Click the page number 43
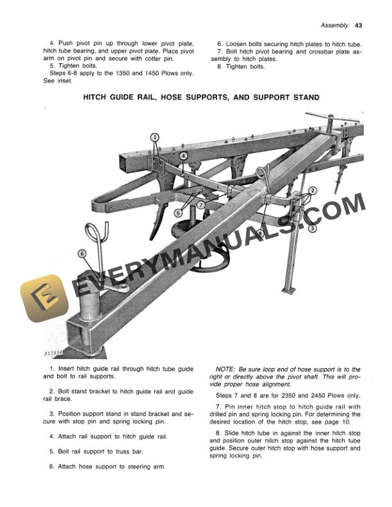(x=358, y=26)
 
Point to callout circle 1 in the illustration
(x=154, y=137)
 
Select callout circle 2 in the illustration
(x=313, y=191)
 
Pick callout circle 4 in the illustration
(x=183, y=156)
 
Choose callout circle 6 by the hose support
(x=81, y=253)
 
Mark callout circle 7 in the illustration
(x=200, y=205)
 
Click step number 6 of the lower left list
(x=51, y=467)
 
